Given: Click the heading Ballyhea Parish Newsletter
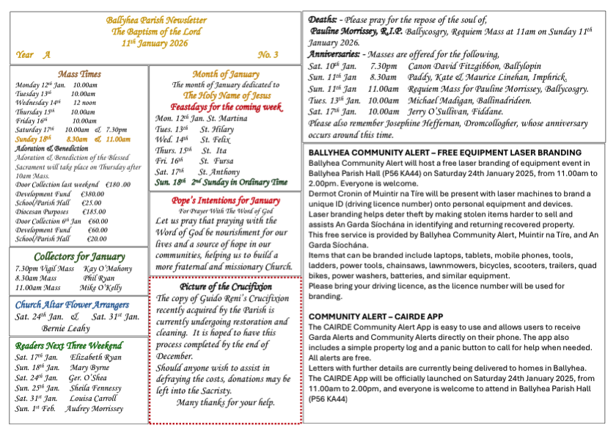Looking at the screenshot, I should coord(155,20).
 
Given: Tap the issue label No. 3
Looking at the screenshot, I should coord(268,55).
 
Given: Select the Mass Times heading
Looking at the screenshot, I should coord(79,74).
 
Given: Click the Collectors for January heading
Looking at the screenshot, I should coord(79,257).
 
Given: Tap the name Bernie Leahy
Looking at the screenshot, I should coord(66,329).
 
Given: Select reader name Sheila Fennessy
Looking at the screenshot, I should coord(95,388).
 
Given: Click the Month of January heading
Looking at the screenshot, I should coord(226,74).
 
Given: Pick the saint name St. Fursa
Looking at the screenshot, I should coord(215,160).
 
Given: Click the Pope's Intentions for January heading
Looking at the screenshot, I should coord(226,200).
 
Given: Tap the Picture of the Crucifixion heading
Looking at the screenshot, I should coord(226,286).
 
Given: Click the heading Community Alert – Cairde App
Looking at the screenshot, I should coord(375,316).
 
